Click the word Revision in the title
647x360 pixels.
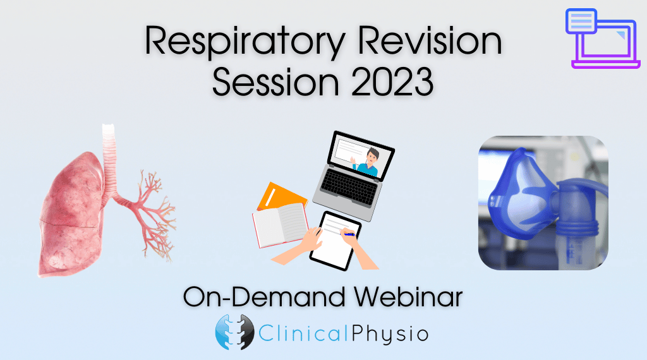click(x=430, y=40)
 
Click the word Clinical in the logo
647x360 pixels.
click(x=304, y=333)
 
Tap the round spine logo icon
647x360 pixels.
click(x=235, y=332)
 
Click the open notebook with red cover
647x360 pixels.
click(x=280, y=225)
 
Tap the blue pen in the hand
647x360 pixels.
click(x=348, y=234)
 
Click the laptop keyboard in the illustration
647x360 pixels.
click(x=349, y=188)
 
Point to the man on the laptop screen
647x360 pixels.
click(x=368, y=162)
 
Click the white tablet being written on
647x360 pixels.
click(x=335, y=241)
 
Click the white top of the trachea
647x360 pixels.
click(x=109, y=130)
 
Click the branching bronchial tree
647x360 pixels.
click(x=148, y=215)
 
